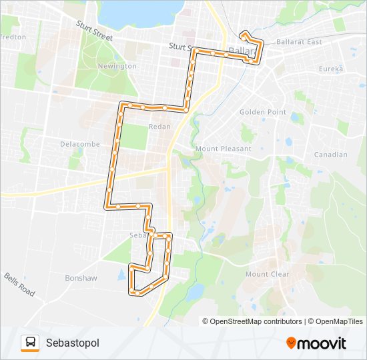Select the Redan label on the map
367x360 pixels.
click(x=160, y=126)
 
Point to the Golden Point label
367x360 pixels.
click(x=263, y=112)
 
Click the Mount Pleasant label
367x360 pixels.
click(x=224, y=149)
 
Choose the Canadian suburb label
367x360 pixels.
click(x=330, y=155)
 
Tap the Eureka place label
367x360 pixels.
click(x=330, y=69)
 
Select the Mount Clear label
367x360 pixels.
click(x=267, y=274)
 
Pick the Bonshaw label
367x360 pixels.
click(x=81, y=277)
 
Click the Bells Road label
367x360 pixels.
click(x=19, y=285)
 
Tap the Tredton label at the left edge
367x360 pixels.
click(x=13, y=37)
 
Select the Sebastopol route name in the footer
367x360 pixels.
click(x=73, y=343)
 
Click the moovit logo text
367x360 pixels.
click(x=323, y=343)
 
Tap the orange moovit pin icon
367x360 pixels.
click(x=292, y=343)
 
